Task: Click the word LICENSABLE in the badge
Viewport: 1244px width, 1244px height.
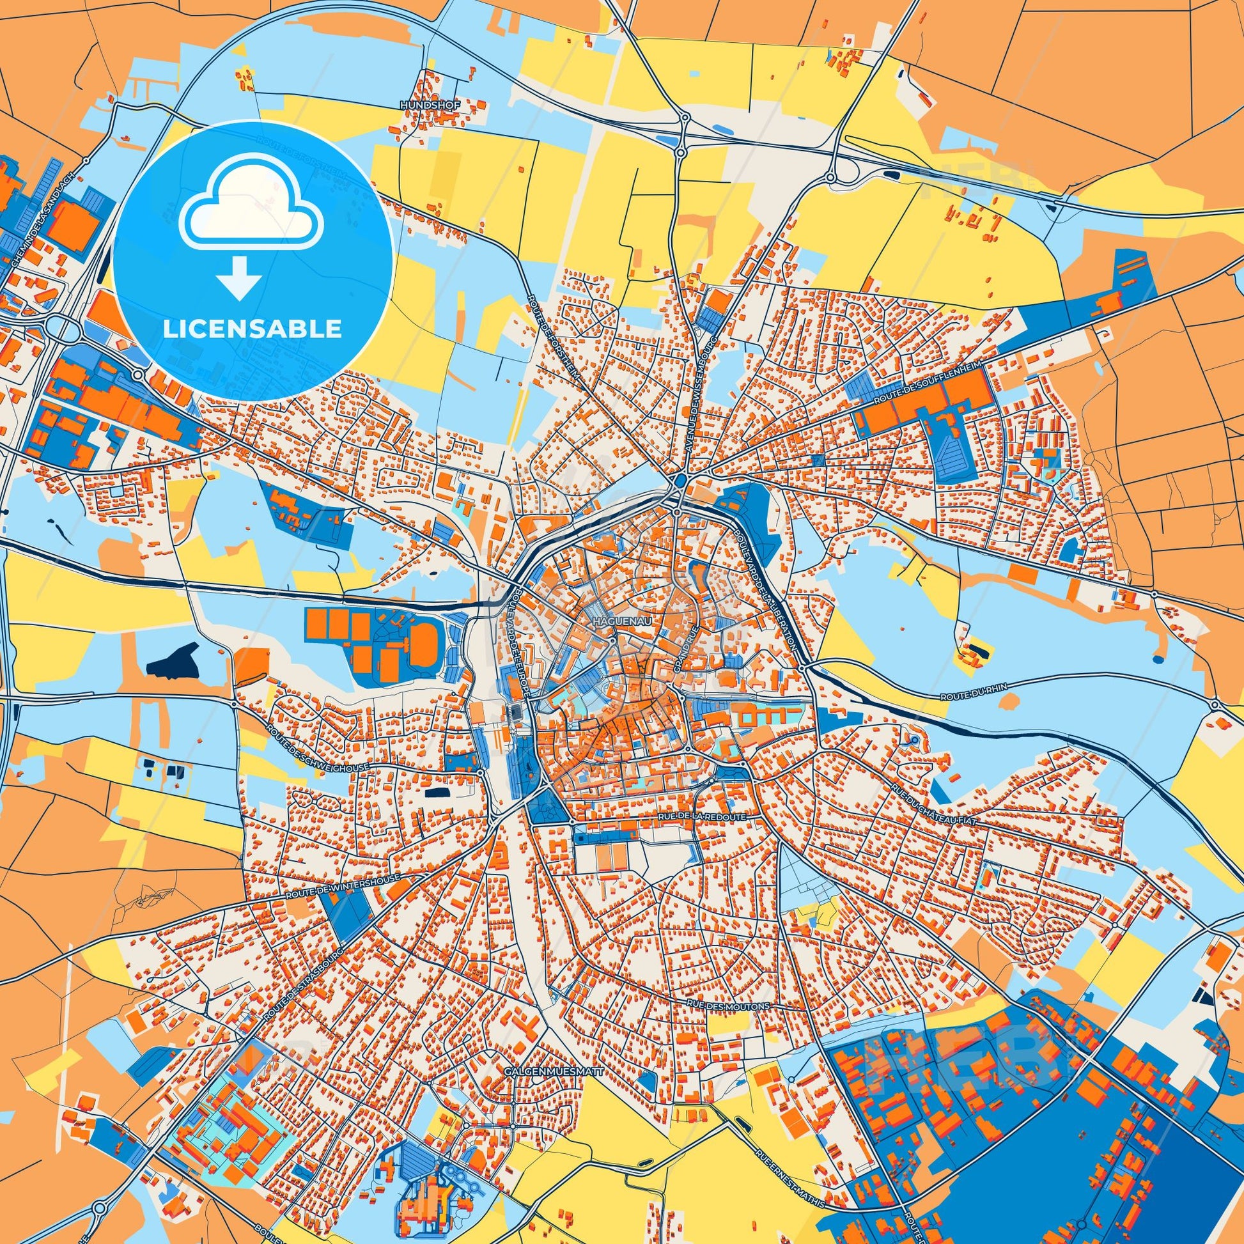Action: coord(253,329)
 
